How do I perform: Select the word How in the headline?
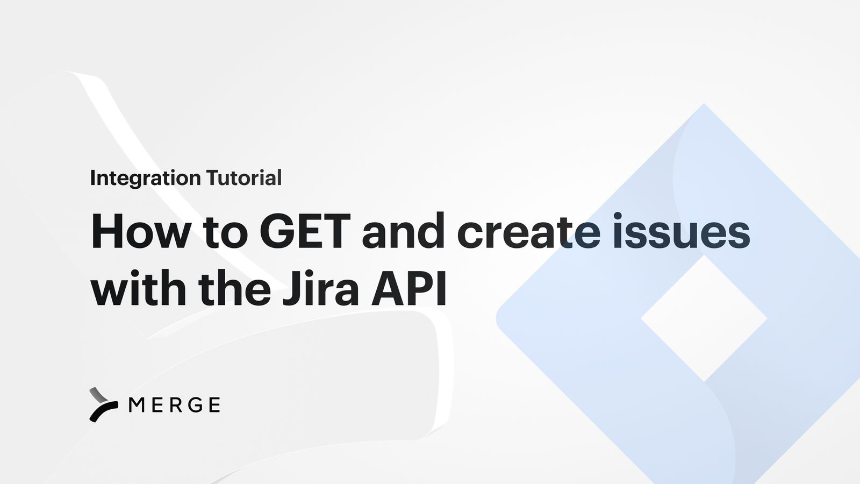141,232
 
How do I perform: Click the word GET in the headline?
305,232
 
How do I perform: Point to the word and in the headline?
403,232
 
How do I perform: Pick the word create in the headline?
528,232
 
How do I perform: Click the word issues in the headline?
681,232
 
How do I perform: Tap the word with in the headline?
138,289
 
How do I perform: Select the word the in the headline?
234,289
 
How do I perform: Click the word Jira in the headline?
321,289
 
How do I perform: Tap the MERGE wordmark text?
175,405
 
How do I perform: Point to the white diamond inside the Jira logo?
704,318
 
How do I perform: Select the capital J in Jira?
290,289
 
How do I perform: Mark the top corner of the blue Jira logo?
704,105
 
